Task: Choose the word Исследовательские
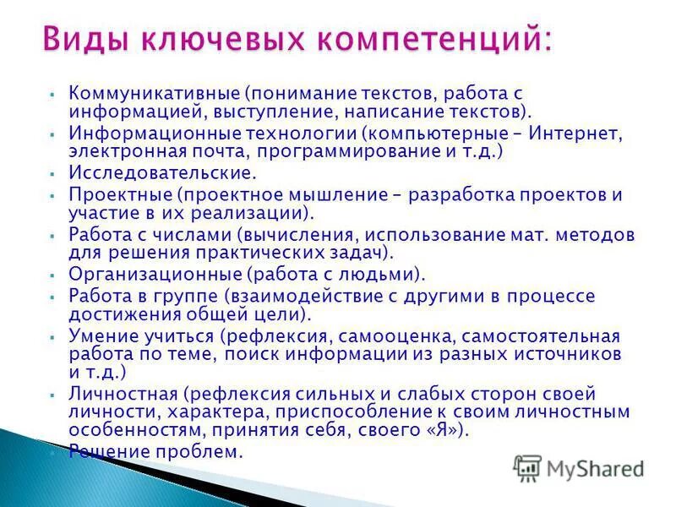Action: click(x=162, y=173)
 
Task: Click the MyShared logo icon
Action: click(x=527, y=467)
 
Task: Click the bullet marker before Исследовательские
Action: click(x=52, y=174)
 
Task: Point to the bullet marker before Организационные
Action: click(x=52, y=275)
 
